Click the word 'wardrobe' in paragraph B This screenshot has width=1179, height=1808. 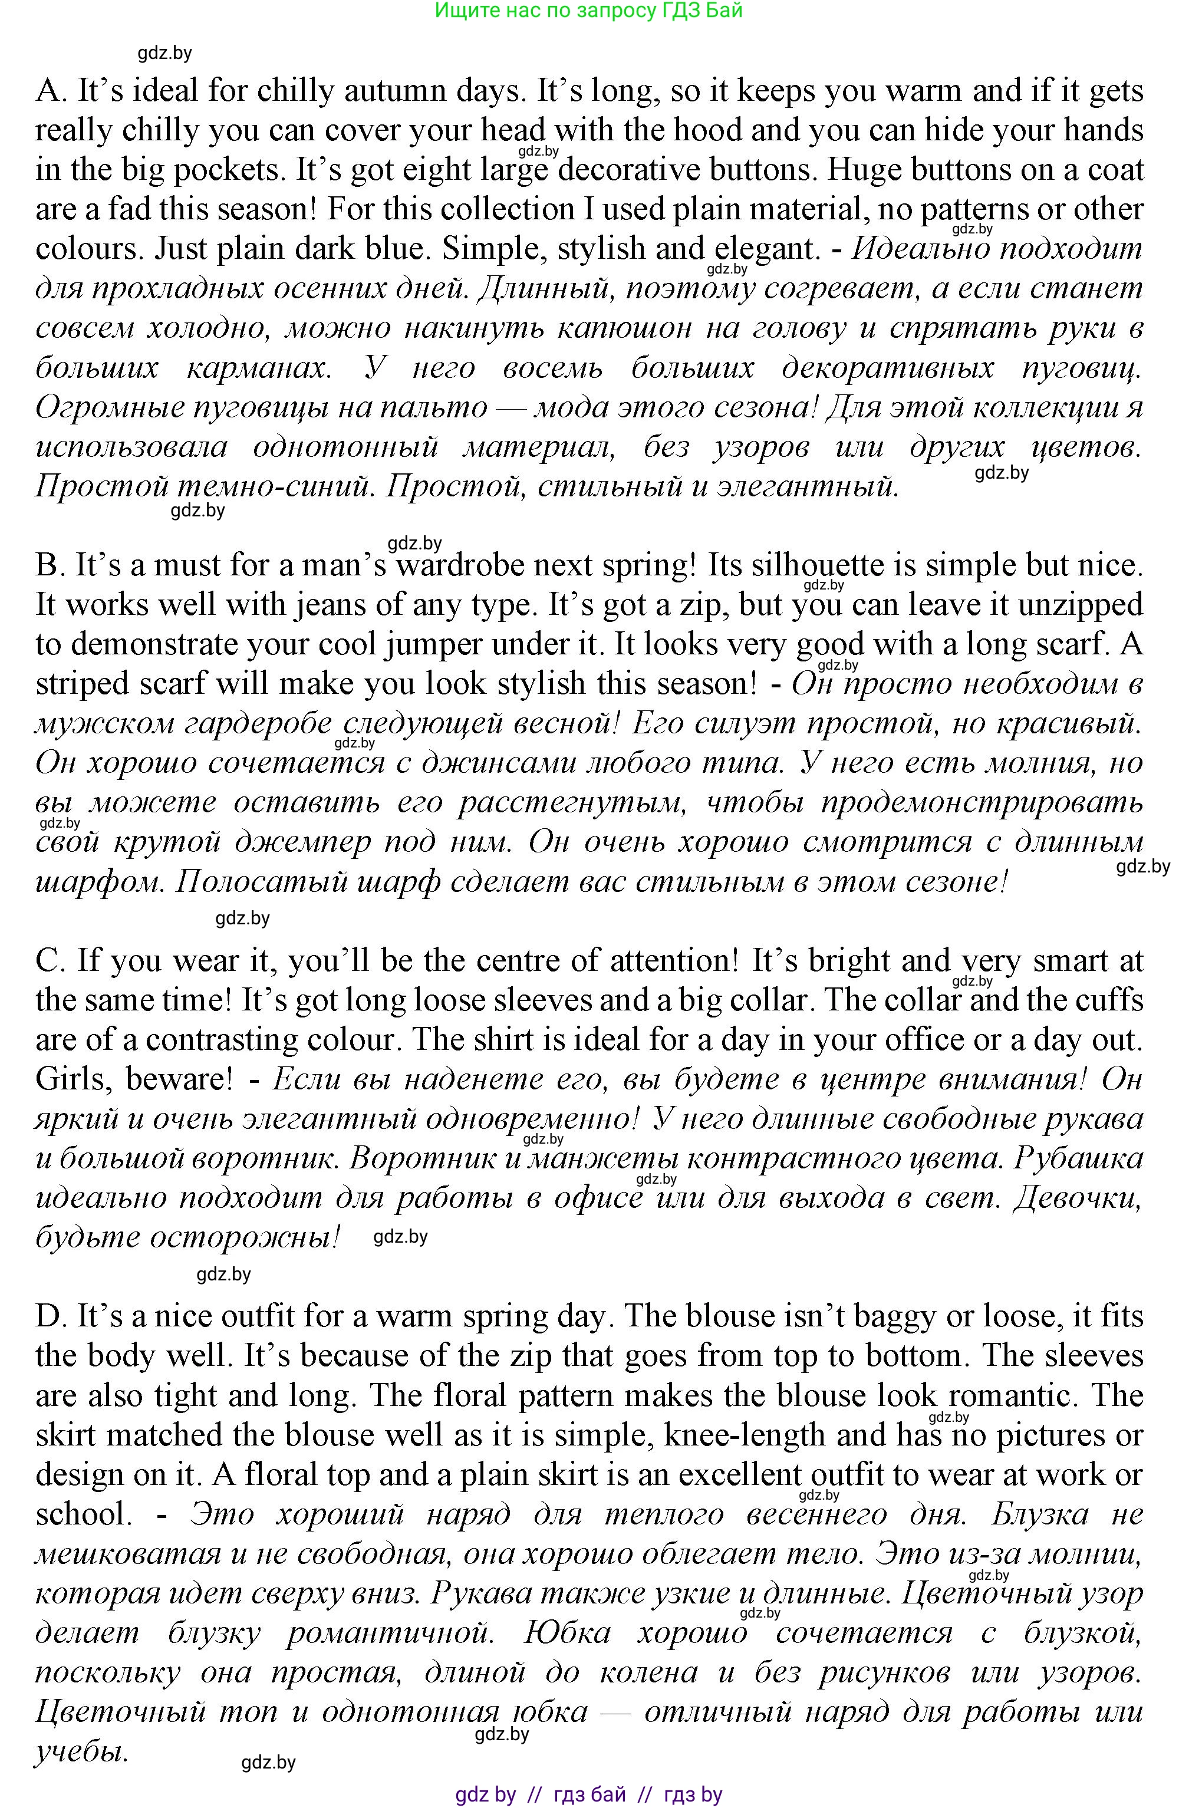coord(493,566)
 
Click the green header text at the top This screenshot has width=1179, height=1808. coord(589,11)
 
